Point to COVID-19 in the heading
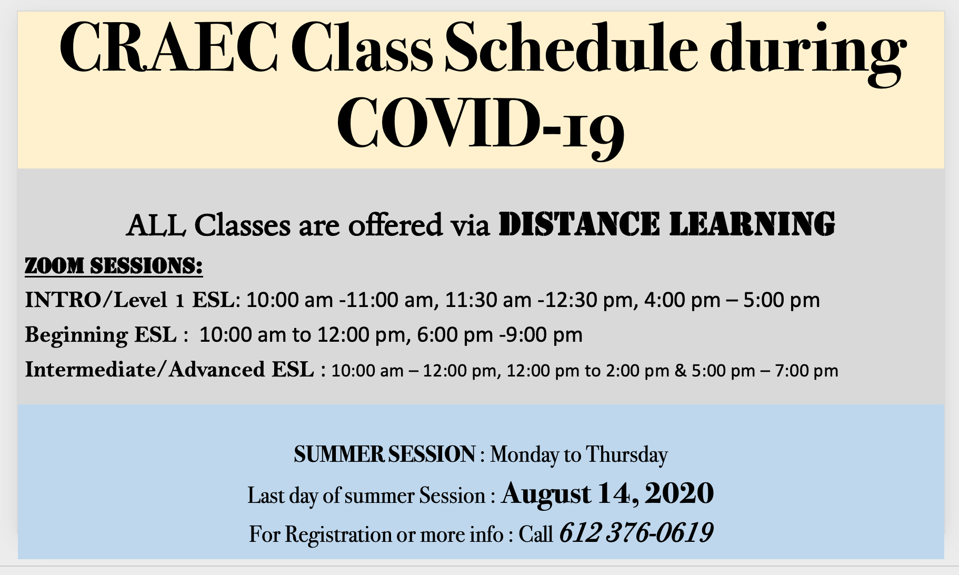coord(481,126)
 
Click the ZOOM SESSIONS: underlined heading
coord(114,266)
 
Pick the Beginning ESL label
coord(101,335)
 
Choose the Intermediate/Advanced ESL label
coord(169,370)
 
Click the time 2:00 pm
coord(637,371)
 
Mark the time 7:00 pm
coord(806,371)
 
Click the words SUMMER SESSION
coord(384,454)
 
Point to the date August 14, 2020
coord(607,493)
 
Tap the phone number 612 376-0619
coord(636,532)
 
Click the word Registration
coord(338,534)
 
